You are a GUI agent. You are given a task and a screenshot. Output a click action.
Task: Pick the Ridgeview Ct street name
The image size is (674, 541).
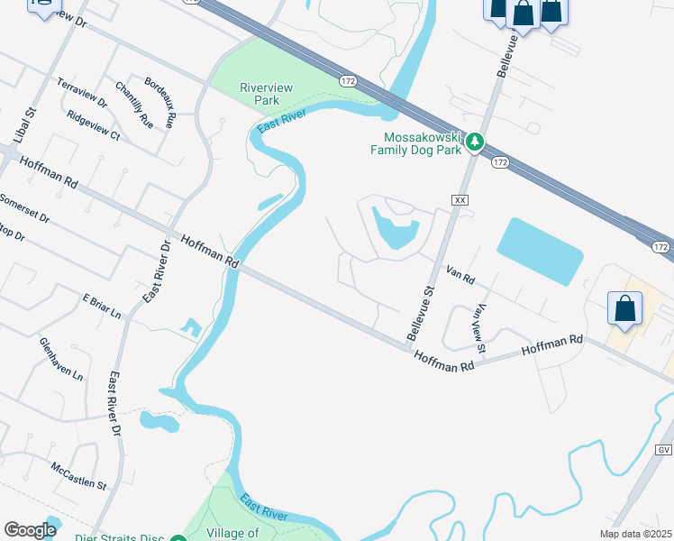(x=93, y=124)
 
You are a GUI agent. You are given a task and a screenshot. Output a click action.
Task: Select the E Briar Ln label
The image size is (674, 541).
(x=101, y=306)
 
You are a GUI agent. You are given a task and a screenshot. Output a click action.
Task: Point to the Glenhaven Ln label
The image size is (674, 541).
(x=60, y=358)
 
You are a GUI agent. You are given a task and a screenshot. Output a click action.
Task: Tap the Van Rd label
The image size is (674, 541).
(x=460, y=275)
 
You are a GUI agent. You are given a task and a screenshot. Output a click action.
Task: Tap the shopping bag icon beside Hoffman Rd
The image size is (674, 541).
(x=625, y=309)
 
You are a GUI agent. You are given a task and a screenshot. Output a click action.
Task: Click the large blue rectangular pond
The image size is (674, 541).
(x=539, y=251)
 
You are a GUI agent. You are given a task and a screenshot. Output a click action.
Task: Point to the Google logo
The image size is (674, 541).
(x=30, y=530)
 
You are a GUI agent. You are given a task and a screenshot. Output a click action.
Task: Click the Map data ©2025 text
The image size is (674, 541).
(x=635, y=534)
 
